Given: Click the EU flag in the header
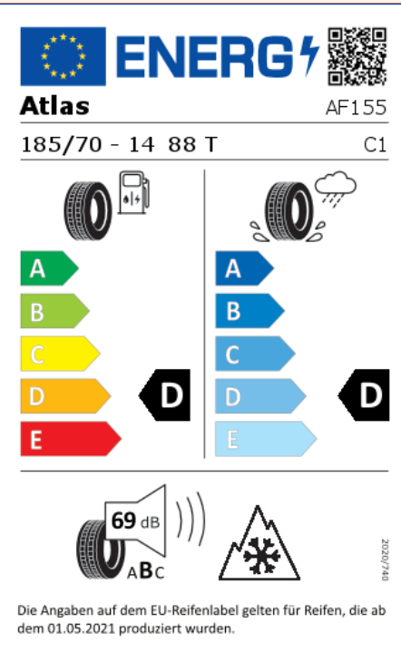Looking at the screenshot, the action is pyautogui.click(x=63, y=56).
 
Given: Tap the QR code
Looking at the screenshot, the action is pyautogui.click(x=357, y=56).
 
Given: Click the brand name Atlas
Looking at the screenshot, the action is pyautogui.click(x=54, y=106).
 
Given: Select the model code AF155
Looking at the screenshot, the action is pyautogui.click(x=356, y=108).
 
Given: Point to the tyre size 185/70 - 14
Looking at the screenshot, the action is pyautogui.click(x=87, y=145).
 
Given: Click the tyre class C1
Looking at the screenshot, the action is pyautogui.click(x=375, y=145).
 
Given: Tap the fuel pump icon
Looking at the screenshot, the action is pyautogui.click(x=133, y=192).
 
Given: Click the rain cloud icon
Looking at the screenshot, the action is pyautogui.click(x=336, y=187).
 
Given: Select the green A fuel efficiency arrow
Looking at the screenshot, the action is pyautogui.click(x=49, y=268).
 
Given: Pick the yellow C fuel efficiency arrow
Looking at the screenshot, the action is pyautogui.click(x=60, y=354).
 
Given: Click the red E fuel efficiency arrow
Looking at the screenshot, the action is pyautogui.click(x=71, y=439).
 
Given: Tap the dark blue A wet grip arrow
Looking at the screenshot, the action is pyautogui.click(x=244, y=268).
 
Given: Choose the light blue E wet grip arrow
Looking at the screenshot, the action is pyautogui.click(x=266, y=439).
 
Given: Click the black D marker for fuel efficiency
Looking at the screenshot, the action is pyautogui.click(x=165, y=395).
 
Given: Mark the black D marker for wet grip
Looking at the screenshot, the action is pyautogui.click(x=364, y=395).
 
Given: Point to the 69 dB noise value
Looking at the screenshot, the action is pyautogui.click(x=135, y=521).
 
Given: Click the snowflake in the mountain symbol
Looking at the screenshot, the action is pyautogui.click(x=262, y=555).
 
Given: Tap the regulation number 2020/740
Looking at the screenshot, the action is pyautogui.click(x=385, y=560).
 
